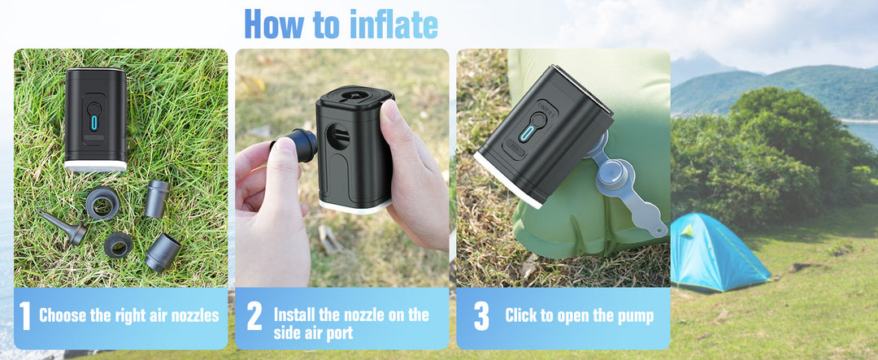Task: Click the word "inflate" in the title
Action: tap(393, 24)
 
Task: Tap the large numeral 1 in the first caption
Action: tap(24, 316)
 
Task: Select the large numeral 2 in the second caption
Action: tap(254, 316)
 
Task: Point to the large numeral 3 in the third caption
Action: tap(481, 316)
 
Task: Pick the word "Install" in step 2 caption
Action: tap(298, 314)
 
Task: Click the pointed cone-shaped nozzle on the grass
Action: tap(66, 228)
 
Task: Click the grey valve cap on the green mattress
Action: tap(615, 174)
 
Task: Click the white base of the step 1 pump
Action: tap(95, 165)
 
